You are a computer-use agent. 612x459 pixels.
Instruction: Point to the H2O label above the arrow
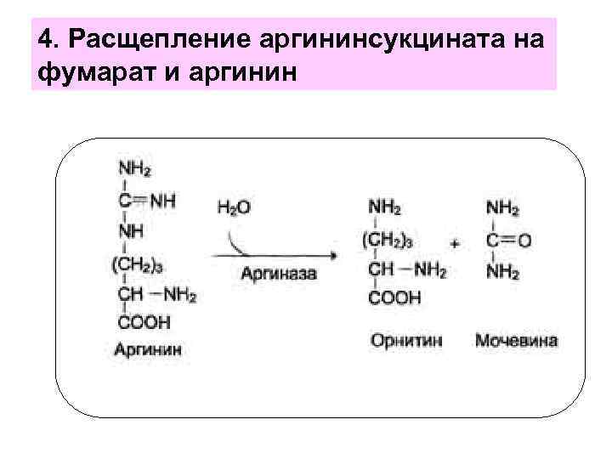(234, 207)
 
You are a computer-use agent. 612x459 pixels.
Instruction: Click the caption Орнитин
(406, 341)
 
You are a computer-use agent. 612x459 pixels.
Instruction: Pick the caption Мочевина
(516, 341)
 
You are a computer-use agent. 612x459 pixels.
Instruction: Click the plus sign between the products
(456, 243)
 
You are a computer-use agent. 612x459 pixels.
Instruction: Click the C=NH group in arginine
(148, 201)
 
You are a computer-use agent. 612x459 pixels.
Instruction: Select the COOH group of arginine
(144, 323)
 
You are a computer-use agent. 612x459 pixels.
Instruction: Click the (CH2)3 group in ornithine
(388, 241)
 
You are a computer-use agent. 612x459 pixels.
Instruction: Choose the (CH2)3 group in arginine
(139, 263)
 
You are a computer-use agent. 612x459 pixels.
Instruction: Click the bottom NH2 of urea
(502, 272)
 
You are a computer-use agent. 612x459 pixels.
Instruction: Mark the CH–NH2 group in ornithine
(406, 270)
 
